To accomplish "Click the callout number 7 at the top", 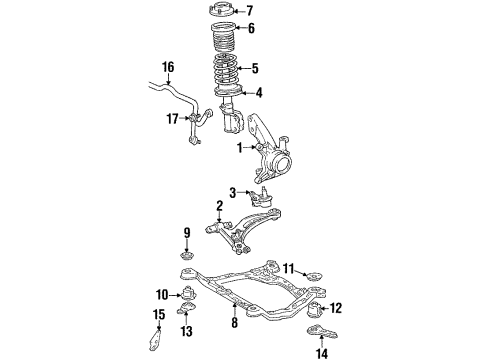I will pos(250,11).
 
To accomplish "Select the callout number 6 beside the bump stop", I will pos(251,28).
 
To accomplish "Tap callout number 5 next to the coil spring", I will pos(254,68).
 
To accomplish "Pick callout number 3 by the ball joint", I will pos(232,191).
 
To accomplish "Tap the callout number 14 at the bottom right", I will pos(320,353).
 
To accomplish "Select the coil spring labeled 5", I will pos(228,72).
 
